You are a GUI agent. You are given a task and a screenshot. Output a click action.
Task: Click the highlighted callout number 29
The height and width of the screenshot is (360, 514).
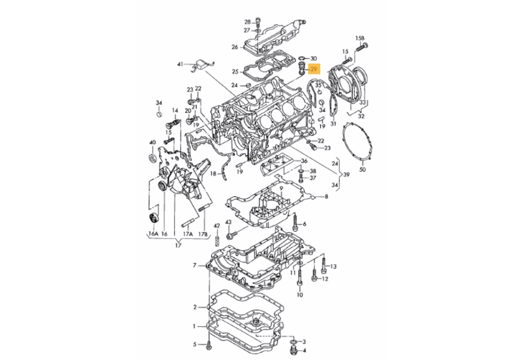[x=314, y=69]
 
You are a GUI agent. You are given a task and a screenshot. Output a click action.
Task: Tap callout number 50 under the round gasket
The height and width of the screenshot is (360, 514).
[x=362, y=170]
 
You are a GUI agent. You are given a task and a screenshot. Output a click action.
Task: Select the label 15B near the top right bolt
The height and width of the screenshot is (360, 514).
[x=360, y=39]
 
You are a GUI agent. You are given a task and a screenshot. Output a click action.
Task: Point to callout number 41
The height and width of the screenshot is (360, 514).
[x=180, y=64]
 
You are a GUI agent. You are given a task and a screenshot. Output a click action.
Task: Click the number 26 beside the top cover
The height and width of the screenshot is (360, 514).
[x=235, y=47]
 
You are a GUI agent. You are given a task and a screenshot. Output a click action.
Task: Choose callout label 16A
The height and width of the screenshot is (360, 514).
[x=153, y=234]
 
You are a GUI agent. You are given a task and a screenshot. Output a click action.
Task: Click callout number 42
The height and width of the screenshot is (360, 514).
[x=217, y=226]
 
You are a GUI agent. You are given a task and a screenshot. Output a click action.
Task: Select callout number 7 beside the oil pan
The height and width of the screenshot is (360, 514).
[x=194, y=265]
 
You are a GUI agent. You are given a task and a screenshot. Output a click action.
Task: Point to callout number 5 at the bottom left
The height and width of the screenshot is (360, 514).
[x=194, y=344]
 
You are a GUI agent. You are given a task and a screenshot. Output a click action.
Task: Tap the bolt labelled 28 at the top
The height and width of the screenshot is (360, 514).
[x=258, y=24]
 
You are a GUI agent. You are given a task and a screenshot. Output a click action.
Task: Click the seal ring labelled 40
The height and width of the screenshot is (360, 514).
[x=153, y=157]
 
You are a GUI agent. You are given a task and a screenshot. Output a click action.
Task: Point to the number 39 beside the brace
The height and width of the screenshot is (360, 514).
[x=346, y=175]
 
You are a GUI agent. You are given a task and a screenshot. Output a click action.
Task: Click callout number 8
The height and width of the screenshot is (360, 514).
[x=326, y=197]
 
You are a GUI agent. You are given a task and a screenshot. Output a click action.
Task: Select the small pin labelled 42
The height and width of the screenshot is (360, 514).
[x=217, y=240]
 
